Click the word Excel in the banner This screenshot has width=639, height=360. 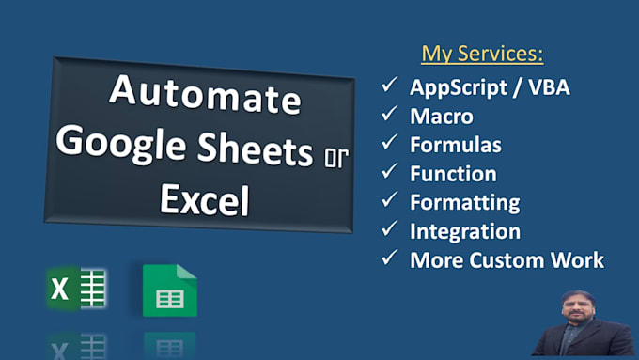[x=204, y=198]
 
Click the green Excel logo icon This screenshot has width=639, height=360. [x=76, y=289]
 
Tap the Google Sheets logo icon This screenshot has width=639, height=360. [x=169, y=291]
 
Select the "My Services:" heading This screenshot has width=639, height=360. [x=482, y=54]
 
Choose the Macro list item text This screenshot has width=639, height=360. [x=442, y=117]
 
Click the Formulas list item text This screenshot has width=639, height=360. [x=456, y=145]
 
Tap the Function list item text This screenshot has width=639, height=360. [x=453, y=173]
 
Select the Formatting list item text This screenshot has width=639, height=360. [x=463, y=202]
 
